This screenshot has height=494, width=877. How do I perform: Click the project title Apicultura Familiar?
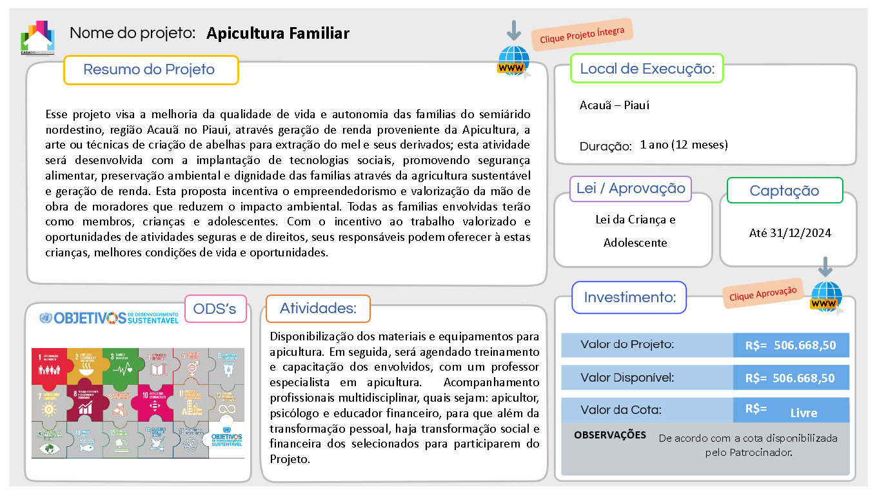click(x=277, y=33)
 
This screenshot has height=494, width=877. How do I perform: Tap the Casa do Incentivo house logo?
click(x=37, y=37)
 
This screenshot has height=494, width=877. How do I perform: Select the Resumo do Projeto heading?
click(x=150, y=70)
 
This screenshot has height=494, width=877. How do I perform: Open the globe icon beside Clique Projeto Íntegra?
click(x=513, y=61)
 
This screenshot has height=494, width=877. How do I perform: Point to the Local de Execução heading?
click(x=647, y=68)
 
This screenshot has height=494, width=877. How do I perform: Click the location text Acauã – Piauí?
click(x=614, y=105)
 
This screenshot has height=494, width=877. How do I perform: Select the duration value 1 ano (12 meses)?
click(x=684, y=145)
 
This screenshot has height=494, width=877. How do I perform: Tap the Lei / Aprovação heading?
click(x=631, y=189)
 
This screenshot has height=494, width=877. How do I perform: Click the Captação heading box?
click(x=784, y=190)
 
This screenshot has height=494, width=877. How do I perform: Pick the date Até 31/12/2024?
click(x=790, y=232)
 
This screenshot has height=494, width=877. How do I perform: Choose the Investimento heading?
click(x=629, y=298)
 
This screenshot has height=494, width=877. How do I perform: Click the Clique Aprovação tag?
click(x=763, y=293)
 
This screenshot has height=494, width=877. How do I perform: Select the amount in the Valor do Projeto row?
click(x=791, y=345)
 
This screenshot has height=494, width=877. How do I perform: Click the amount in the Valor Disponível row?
click(x=791, y=378)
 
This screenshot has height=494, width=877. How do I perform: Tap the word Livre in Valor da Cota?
click(x=803, y=413)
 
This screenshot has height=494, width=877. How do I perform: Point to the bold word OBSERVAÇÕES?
click(x=609, y=435)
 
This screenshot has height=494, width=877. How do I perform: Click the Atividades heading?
click(x=318, y=309)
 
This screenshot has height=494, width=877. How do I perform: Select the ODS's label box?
click(x=215, y=309)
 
